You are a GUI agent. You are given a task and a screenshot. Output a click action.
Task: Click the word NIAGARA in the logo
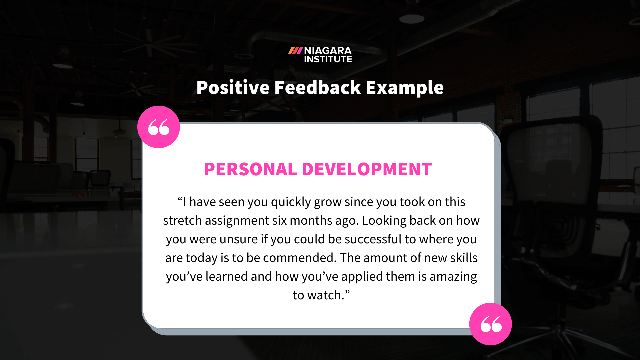point(328,51)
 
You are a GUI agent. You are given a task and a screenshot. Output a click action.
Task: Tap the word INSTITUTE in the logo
point(328,59)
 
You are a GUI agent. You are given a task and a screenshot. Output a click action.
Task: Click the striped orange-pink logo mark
point(295,51)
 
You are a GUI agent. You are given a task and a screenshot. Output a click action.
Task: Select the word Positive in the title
point(233,88)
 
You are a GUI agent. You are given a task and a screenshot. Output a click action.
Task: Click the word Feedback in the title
point(318,88)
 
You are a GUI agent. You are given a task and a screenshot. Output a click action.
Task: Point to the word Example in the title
point(405,88)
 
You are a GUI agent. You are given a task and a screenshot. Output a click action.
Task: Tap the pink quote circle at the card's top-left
point(159,127)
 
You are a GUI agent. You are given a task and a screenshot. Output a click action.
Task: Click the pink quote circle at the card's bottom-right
point(490,324)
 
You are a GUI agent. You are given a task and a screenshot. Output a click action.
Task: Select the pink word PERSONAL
point(250,169)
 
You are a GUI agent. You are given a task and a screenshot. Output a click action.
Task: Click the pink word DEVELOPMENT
point(367,169)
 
